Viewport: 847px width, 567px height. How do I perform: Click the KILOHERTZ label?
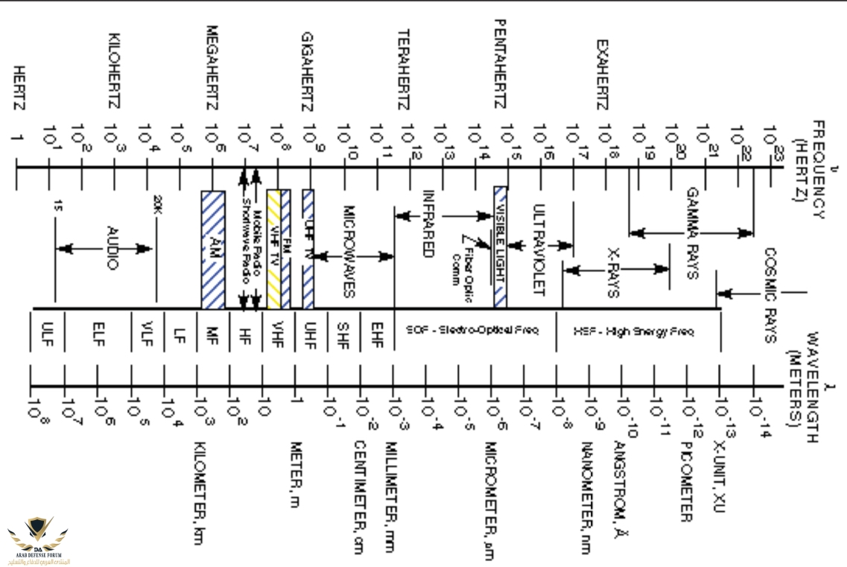(115, 72)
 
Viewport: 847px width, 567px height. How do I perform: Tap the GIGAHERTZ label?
(308, 72)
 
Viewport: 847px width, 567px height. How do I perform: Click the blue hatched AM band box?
(213, 249)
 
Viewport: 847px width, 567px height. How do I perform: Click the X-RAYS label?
(612, 273)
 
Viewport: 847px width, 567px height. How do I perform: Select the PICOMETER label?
(686, 481)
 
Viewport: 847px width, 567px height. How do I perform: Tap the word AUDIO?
(112, 248)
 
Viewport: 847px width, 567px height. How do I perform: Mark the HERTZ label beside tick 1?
(18, 92)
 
